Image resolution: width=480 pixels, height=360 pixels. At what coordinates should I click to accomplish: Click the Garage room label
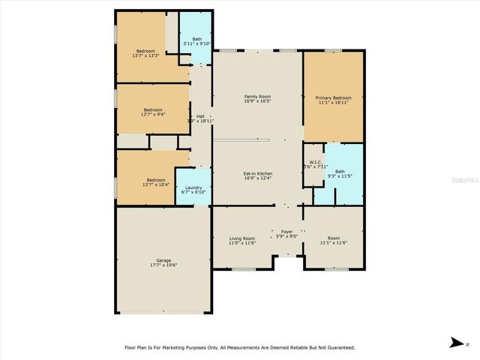click(x=163, y=260)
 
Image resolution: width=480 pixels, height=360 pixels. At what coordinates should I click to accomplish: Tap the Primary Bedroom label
click(x=333, y=97)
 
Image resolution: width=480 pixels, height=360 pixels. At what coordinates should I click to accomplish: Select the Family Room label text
click(x=257, y=96)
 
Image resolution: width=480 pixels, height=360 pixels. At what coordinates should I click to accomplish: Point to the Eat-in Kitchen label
click(x=257, y=173)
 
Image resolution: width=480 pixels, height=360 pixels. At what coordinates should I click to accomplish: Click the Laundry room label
click(x=193, y=187)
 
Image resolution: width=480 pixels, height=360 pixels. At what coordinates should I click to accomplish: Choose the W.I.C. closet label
click(x=315, y=162)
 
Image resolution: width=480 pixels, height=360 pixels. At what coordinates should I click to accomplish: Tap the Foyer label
click(x=286, y=231)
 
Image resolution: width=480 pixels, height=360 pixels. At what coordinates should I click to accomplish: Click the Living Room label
click(x=242, y=238)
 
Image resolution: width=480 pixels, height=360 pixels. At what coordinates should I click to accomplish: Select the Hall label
click(x=200, y=115)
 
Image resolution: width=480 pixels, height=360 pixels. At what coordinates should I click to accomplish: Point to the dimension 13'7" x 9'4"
click(x=153, y=114)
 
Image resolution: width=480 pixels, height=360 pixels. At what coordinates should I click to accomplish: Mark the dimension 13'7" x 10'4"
click(x=156, y=184)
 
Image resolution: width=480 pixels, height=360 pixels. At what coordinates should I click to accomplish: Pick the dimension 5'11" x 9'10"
click(x=196, y=43)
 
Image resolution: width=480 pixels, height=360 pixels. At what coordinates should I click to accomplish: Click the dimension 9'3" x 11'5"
click(x=340, y=175)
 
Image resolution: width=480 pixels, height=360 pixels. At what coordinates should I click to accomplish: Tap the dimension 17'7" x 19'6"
click(x=163, y=265)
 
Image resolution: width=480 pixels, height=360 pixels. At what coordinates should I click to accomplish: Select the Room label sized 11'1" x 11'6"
click(x=333, y=238)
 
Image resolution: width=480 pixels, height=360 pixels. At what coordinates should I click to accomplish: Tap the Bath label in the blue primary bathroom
click(x=340, y=171)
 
